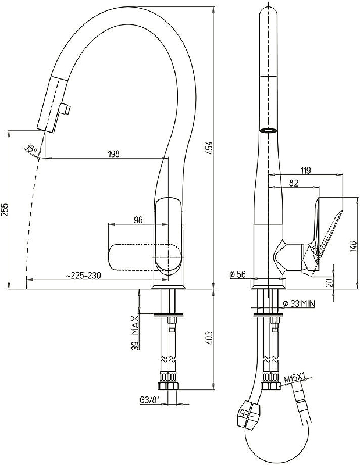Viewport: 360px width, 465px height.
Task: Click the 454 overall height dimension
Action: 209,148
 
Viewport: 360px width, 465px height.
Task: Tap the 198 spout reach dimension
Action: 113,153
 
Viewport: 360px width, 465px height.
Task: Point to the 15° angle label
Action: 31,148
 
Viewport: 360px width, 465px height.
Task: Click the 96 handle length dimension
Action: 138,220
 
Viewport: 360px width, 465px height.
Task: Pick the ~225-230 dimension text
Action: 83,276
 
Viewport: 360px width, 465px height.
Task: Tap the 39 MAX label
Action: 136,332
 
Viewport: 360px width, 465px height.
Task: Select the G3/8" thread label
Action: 149,400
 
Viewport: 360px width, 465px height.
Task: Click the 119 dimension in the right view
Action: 305,170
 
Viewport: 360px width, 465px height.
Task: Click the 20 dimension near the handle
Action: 329,282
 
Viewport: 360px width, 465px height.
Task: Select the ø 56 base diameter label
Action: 238,274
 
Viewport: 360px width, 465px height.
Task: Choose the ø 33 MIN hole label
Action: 299,303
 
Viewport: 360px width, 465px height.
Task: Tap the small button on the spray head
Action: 66,109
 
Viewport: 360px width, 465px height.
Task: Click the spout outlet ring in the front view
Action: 269,130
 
